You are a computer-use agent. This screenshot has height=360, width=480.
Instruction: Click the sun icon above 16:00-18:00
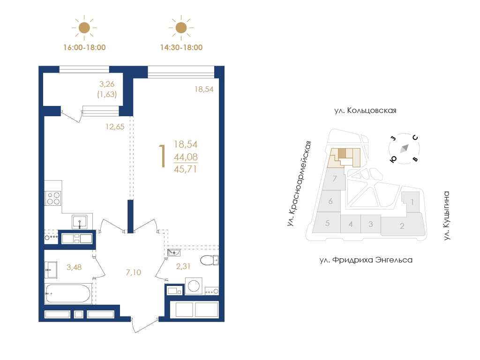tap(84, 28)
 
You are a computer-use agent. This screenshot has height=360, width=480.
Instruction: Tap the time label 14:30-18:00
tap(181, 47)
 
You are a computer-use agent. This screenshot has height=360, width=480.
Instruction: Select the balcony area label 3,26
tap(107, 84)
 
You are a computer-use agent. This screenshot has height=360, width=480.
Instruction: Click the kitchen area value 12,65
tap(115, 127)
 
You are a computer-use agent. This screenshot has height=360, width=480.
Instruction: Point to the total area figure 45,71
tap(186, 169)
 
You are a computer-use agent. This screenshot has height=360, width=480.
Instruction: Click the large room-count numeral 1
tap(163, 156)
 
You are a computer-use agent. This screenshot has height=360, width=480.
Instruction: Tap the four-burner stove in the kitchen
tap(53, 198)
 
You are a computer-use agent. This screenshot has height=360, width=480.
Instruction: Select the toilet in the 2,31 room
tap(210, 260)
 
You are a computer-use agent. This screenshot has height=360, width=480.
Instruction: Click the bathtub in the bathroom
tap(68, 293)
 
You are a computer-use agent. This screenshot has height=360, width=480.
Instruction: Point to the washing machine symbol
tap(194, 286)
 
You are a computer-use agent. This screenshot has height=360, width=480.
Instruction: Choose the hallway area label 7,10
tap(134, 272)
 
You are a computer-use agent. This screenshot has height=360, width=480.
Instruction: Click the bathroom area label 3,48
tap(74, 267)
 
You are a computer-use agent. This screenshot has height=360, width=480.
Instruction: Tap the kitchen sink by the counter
tap(80, 222)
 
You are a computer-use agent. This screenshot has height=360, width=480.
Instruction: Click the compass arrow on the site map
tap(405, 148)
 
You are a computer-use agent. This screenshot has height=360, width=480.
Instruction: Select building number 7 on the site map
tap(335, 179)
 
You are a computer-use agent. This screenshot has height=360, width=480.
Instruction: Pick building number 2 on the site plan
tap(402, 226)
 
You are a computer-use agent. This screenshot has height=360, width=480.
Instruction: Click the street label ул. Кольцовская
tap(365, 111)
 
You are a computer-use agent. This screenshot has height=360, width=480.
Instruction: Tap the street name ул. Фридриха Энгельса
tap(366, 260)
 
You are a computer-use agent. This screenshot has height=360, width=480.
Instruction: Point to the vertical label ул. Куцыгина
tap(447, 216)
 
